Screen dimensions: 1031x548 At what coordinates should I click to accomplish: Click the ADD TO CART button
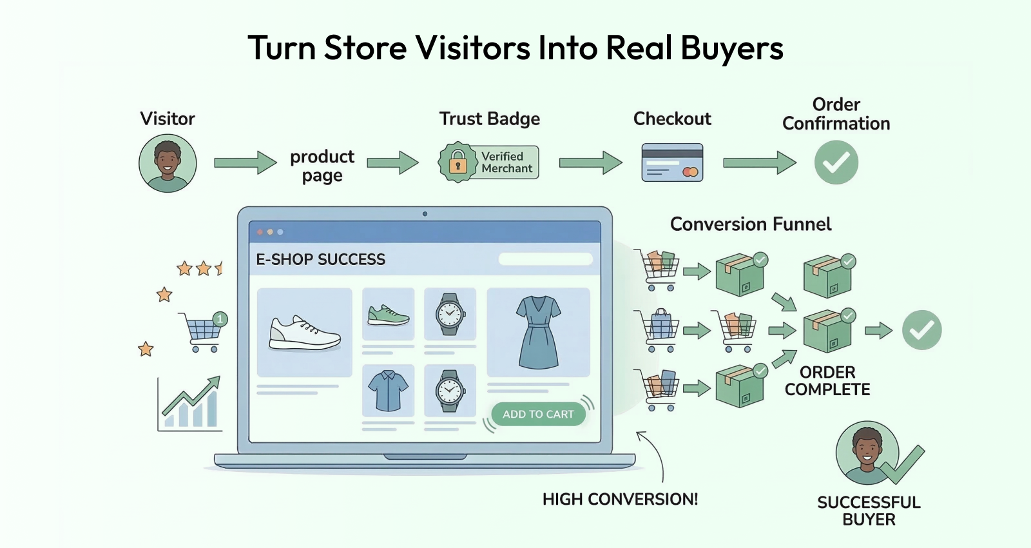coord(538,414)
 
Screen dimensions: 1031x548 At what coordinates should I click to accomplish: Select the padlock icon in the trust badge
coord(458,162)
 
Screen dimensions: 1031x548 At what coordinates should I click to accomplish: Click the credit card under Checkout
coord(672,162)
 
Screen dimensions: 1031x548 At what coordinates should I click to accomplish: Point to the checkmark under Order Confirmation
coord(836,162)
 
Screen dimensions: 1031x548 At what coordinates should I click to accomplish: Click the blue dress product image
coord(539,332)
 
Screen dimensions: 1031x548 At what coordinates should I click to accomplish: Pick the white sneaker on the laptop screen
coord(304,333)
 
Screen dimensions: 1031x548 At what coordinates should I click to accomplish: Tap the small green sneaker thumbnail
coord(388,315)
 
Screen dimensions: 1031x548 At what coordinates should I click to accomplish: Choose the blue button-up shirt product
coord(388,391)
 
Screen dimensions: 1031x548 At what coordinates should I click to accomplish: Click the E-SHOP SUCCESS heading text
coord(320,259)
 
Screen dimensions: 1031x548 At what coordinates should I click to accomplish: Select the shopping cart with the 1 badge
coord(203,331)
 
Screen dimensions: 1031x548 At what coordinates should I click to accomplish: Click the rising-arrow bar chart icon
coord(189,404)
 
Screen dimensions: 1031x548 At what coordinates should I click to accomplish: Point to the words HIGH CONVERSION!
coord(620,499)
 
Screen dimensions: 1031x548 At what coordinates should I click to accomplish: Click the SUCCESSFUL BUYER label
coord(869,511)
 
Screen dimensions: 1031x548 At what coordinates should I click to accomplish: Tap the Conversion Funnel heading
coord(751,224)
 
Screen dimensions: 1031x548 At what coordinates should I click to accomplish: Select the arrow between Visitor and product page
coord(246,162)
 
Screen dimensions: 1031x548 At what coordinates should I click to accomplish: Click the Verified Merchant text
coord(506,162)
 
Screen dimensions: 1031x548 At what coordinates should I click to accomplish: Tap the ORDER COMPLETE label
coord(827,381)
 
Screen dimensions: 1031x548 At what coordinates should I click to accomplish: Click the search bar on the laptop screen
coord(545,259)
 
